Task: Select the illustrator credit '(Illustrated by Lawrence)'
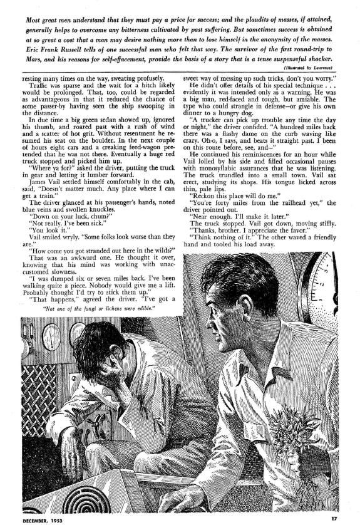pyautogui.click(x=307, y=67)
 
